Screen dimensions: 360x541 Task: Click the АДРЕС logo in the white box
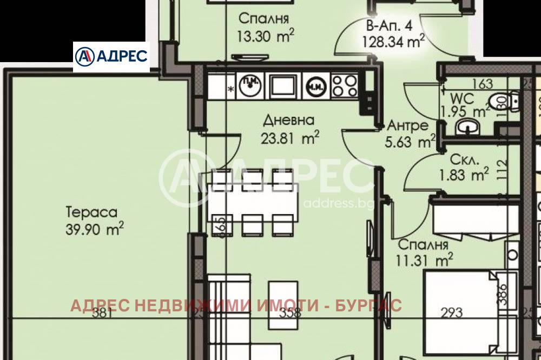(111, 57)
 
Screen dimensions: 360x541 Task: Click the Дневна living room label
(289, 120)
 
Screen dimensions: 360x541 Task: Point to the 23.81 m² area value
(290, 138)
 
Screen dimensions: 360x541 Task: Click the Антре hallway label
(408, 125)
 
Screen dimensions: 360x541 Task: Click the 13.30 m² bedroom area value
(266, 36)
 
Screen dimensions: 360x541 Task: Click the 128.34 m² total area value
(393, 41)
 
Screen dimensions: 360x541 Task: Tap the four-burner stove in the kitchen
(344, 85)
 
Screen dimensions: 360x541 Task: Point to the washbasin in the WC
(466, 128)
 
